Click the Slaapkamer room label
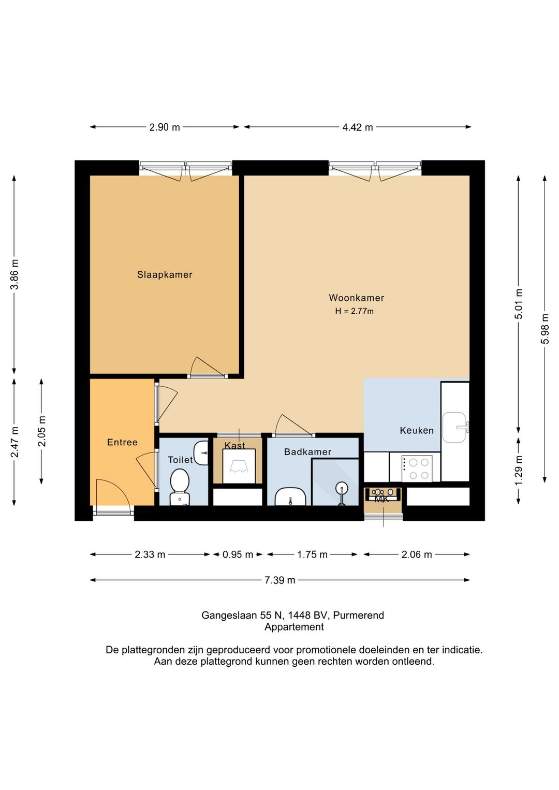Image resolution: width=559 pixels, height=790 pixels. (x=165, y=274)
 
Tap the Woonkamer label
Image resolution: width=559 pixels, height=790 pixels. (x=356, y=298)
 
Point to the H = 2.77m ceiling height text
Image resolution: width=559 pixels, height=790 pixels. (x=354, y=311)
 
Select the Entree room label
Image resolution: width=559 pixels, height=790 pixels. (x=122, y=442)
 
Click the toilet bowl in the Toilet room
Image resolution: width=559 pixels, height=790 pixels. (x=180, y=486)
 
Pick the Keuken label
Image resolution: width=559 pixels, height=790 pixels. (x=417, y=430)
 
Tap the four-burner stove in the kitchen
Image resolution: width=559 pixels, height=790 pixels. (x=417, y=468)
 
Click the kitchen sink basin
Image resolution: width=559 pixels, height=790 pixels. (x=454, y=427)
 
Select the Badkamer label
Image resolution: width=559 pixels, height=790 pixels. (x=307, y=452)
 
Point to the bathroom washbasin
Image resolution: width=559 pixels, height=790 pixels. (x=290, y=496)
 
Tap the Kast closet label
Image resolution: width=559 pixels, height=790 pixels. (x=234, y=445)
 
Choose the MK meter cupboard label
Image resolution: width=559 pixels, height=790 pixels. (x=381, y=499)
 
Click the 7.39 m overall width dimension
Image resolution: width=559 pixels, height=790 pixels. (x=279, y=580)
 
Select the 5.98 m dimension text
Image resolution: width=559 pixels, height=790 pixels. (x=545, y=328)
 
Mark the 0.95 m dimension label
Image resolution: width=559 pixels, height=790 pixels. (x=238, y=555)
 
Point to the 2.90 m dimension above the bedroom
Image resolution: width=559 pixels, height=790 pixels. (x=165, y=127)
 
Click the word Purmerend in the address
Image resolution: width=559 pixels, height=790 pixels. (x=358, y=615)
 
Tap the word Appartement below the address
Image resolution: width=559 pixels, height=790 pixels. (x=294, y=627)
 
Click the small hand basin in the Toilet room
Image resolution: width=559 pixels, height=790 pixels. (x=201, y=453)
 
